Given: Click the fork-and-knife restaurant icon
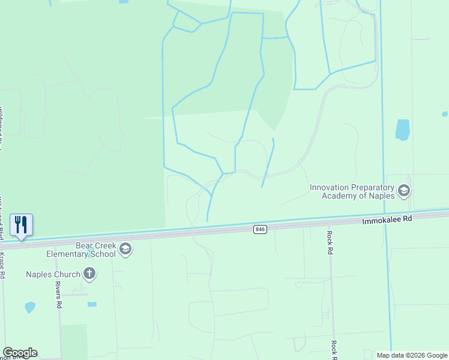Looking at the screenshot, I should (x=21, y=225).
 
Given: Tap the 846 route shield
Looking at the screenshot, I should (x=260, y=229).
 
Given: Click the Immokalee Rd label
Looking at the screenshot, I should (x=388, y=220).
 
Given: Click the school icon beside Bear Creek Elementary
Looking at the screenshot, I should (x=125, y=249).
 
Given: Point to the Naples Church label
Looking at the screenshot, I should (x=53, y=275).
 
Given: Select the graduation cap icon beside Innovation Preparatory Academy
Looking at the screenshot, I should (x=404, y=191).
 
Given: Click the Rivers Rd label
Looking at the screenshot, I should (x=59, y=295).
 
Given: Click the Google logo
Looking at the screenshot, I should (x=20, y=353).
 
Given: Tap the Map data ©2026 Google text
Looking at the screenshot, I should (x=411, y=355).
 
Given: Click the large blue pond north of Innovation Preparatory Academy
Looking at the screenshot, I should (x=402, y=130).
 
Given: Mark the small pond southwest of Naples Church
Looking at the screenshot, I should (x=30, y=307).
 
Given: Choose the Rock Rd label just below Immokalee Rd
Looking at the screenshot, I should (x=330, y=242).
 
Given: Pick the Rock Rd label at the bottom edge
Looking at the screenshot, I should (x=333, y=347).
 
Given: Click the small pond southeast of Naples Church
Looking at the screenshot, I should (x=92, y=304).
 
